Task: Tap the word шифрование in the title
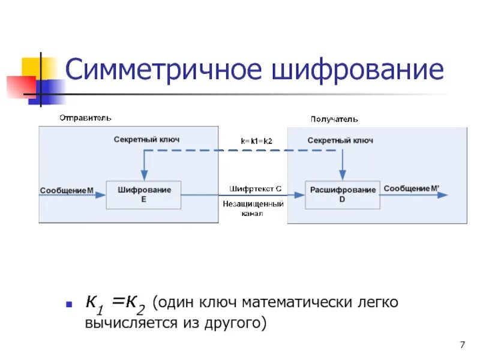point(358,70)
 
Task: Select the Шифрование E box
point(143,194)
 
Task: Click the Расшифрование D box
point(342,194)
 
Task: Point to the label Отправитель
point(85,118)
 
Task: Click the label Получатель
point(334,119)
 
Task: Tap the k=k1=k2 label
point(257,141)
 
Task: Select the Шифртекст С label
point(255,188)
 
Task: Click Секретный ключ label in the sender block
point(146,139)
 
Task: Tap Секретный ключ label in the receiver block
point(340,140)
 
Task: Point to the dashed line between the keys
point(240,151)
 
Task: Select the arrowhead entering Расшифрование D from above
point(342,176)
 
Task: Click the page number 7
point(462,344)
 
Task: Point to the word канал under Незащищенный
point(251,214)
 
